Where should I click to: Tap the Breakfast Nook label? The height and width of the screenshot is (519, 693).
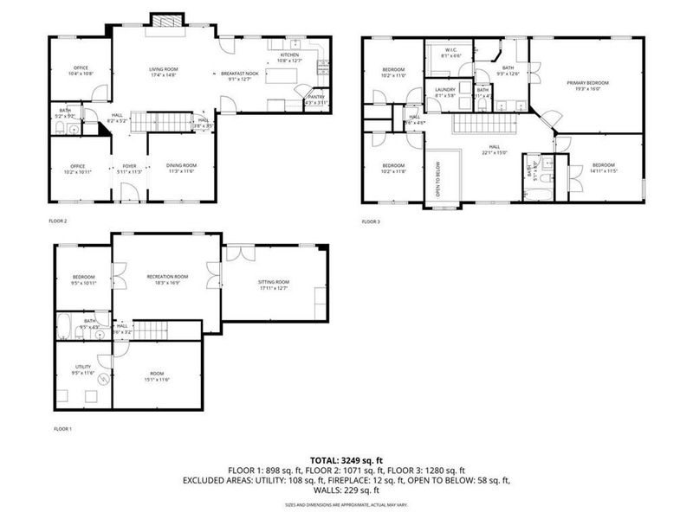click(240, 74)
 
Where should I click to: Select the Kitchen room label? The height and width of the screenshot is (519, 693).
click(288, 54)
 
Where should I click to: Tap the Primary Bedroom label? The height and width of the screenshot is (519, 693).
click(588, 82)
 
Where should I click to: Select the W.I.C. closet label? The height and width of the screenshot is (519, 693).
click(451, 50)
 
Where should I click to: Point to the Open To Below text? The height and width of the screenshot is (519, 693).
click(438, 180)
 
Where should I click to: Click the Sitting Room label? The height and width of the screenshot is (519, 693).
click(274, 282)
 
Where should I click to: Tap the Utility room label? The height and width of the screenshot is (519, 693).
click(83, 367)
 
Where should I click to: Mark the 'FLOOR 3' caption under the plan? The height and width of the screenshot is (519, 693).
click(371, 221)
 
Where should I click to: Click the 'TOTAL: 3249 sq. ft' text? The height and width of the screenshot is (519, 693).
click(346, 459)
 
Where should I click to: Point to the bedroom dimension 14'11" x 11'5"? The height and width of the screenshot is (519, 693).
click(603, 171)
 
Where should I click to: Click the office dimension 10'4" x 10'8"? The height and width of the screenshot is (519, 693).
click(81, 74)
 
